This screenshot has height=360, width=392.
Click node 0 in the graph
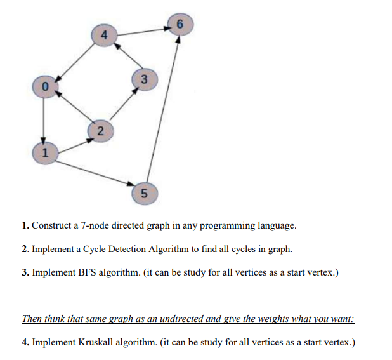coord(44,85)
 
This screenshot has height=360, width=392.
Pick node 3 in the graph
coord(144,80)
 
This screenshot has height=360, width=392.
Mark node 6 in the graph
coord(180,25)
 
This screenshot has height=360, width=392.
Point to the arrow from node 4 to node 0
coord(74,59)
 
